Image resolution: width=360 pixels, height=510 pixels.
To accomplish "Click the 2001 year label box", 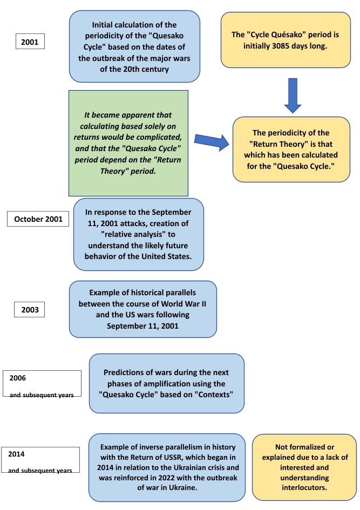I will [x=30, y=42].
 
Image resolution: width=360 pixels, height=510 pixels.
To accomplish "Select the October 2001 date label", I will [x=38, y=219].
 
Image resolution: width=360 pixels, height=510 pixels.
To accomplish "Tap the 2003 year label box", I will [x=30, y=309].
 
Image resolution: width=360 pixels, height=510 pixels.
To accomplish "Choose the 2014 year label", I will [x=17, y=454].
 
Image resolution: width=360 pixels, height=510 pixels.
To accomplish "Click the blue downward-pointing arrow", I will [x=293, y=95].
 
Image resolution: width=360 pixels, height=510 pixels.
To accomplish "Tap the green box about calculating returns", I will [x=128, y=143].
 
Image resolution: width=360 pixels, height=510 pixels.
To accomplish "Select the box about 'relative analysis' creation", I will [x=138, y=234].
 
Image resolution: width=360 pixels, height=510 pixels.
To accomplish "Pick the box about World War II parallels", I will [x=142, y=309].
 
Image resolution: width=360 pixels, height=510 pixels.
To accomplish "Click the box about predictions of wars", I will [x=166, y=383].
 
